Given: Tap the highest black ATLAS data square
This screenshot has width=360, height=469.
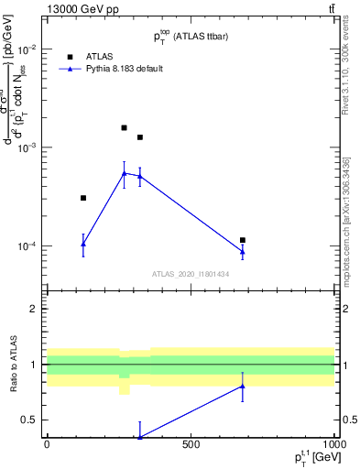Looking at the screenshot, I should click(125, 127).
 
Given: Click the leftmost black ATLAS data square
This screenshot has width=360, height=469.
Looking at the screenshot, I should click(83, 198).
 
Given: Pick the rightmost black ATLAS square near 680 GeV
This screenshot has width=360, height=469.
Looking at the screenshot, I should click(243, 240).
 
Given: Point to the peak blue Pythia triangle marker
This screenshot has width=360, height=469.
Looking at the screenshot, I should click(125, 173).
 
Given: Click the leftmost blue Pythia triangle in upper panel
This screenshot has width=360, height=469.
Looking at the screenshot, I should click(83, 244).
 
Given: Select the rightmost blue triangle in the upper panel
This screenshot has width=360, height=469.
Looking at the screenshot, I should click(243, 252).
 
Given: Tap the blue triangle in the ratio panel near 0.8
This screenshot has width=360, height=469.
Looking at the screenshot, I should click(243, 386).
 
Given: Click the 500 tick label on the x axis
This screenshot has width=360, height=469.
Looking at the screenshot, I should click(191, 444).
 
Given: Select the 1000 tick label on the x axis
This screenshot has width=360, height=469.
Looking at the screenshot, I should click(333, 444).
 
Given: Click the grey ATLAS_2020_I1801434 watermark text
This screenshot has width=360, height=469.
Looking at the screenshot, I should click(191, 274).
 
